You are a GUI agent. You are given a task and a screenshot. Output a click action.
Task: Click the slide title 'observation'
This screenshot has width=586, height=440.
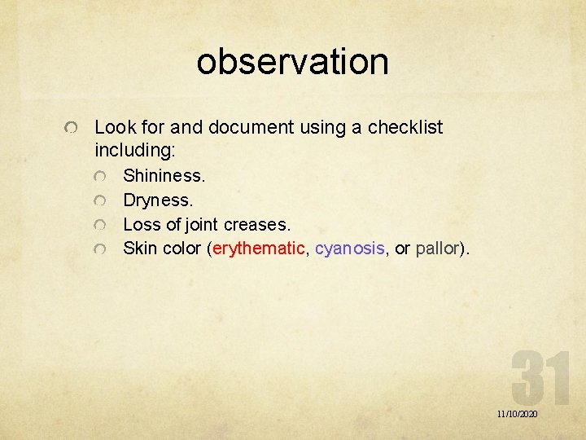292,62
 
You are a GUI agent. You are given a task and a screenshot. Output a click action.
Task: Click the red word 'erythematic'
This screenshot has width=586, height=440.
258,248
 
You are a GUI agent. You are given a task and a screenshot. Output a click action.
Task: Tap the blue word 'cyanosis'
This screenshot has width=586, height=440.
349,248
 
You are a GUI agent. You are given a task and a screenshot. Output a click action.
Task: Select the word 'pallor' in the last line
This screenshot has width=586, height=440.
439,248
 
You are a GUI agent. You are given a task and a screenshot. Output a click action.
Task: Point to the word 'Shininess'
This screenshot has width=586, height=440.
164,175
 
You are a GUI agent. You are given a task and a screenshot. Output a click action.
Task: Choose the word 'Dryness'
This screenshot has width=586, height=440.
157,200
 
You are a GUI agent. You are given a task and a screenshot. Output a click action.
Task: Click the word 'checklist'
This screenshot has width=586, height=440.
405,128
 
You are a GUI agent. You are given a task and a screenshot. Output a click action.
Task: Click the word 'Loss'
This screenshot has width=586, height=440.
140,223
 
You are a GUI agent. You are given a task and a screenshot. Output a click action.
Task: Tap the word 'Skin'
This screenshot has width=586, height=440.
139,248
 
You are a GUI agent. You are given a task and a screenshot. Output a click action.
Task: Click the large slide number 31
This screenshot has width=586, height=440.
540,380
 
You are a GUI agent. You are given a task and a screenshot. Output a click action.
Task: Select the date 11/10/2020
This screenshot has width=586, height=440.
517,415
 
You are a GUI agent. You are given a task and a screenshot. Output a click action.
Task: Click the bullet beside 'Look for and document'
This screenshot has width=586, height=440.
73,130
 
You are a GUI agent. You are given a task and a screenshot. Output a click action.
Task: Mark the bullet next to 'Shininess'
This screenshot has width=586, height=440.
99,177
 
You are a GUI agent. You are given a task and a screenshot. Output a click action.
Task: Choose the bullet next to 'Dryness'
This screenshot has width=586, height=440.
99,200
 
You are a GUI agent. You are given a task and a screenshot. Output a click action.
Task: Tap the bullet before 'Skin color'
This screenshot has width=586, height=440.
99,249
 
